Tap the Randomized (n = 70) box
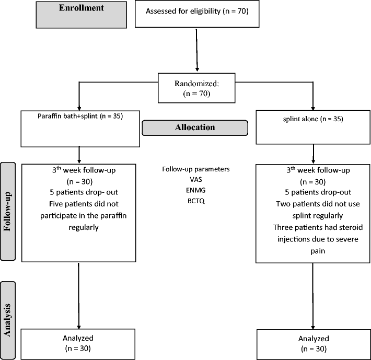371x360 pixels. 196,86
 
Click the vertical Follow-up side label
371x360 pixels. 8,215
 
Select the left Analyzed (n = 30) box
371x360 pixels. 78,344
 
